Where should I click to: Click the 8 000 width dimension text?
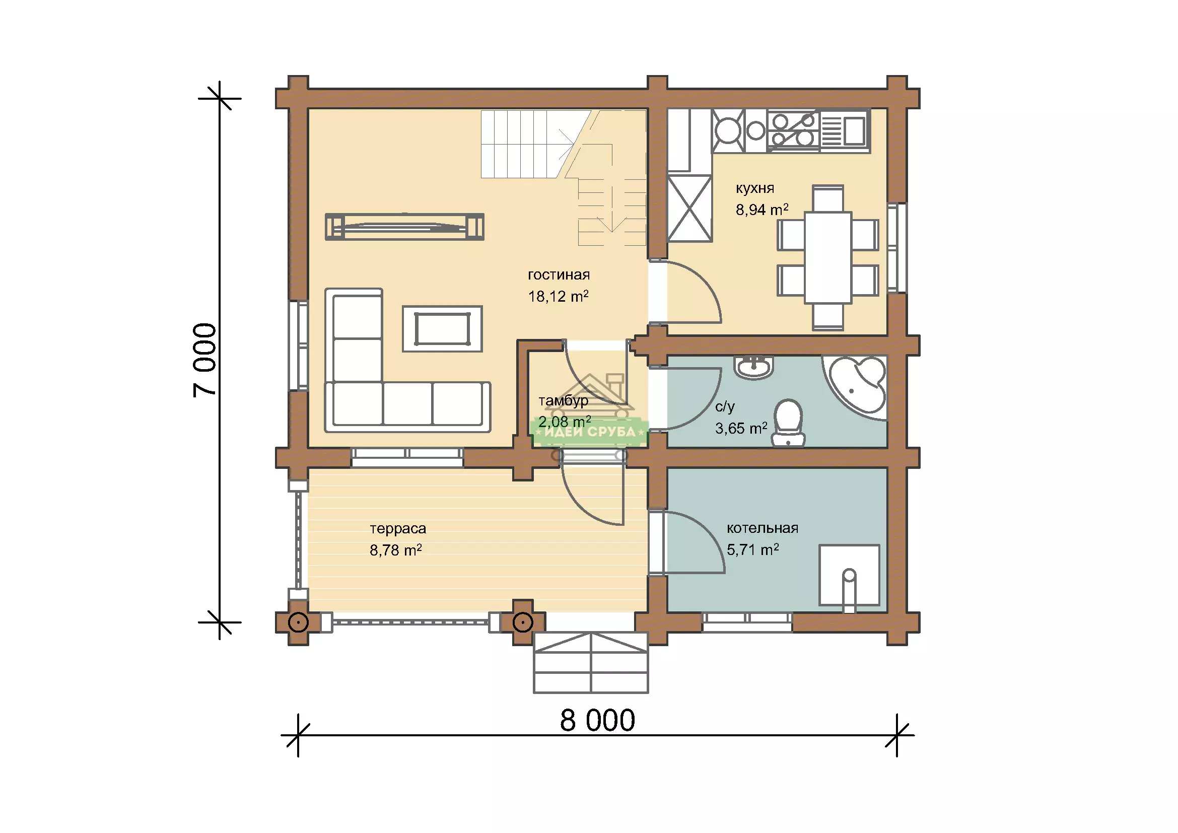(597, 720)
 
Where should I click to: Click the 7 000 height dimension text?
(205, 360)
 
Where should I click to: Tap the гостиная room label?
(559, 275)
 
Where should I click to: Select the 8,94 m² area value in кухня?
(762, 210)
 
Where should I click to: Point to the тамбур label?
(563, 400)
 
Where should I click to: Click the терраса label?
(398, 528)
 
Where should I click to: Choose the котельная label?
(763, 528)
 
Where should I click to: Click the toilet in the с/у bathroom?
(788, 423)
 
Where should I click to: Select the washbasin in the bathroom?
(754, 367)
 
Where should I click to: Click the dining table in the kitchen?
(827, 257)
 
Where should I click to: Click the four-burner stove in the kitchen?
(793, 130)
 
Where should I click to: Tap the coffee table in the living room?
(442, 329)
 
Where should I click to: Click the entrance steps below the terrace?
(591, 662)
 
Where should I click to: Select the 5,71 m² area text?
(752, 550)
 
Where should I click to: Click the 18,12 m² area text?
(558, 297)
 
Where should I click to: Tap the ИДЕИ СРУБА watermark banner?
(590, 432)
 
